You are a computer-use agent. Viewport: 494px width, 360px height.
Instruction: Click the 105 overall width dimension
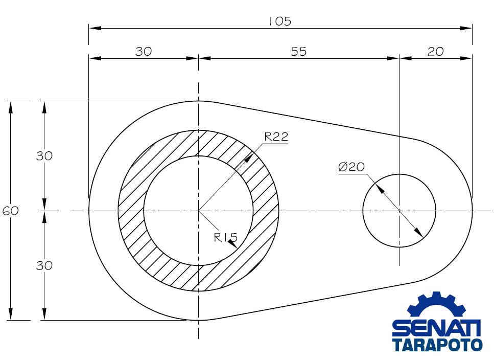(x=280, y=21)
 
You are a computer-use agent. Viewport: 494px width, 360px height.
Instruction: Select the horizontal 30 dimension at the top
(x=144, y=51)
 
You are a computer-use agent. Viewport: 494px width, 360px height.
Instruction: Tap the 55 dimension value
(x=299, y=51)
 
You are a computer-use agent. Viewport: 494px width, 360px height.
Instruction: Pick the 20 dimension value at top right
(x=436, y=51)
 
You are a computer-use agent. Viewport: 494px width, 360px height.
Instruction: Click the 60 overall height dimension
(x=10, y=211)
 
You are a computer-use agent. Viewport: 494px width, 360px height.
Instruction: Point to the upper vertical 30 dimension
(x=44, y=156)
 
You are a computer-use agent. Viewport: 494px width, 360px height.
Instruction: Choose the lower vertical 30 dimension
(x=44, y=266)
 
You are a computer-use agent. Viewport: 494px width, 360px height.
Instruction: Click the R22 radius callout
(x=276, y=137)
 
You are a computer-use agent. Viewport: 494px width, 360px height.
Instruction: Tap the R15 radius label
(x=226, y=237)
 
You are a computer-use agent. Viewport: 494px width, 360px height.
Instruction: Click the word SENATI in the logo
(x=436, y=328)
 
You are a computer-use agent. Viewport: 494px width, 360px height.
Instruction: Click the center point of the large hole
(x=198, y=211)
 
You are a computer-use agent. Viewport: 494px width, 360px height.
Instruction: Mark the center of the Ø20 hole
(x=399, y=211)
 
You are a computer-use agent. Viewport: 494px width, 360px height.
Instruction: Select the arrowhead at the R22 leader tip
(x=250, y=157)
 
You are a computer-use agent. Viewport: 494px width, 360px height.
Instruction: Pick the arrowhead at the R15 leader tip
(x=232, y=244)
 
